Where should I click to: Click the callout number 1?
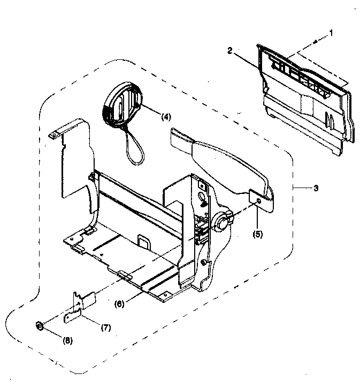tap(331, 32)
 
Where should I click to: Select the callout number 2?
tap(229, 51)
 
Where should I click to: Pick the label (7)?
tap(105, 328)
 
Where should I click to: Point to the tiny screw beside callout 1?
tap(317, 41)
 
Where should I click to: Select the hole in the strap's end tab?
tap(259, 200)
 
